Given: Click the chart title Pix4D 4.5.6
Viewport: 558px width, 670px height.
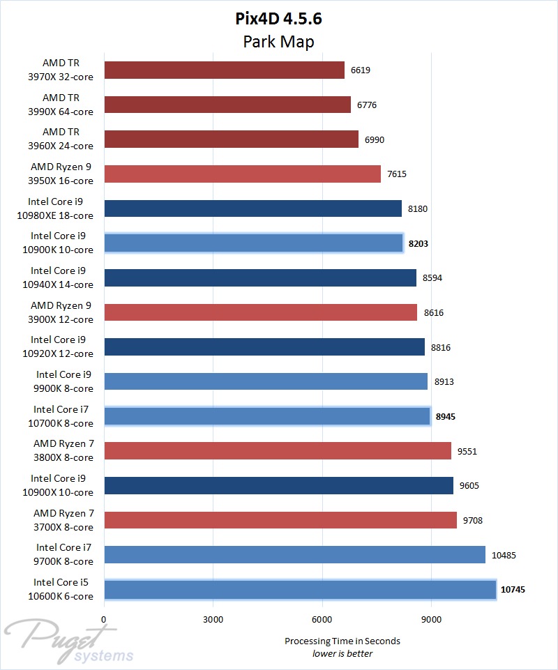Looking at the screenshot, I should tap(278, 18).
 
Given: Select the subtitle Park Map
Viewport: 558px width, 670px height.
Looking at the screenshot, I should tap(278, 42).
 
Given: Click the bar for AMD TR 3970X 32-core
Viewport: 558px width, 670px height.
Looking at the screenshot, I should tap(224, 70).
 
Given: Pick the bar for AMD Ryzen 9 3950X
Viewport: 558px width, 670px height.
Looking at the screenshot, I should tap(242, 174).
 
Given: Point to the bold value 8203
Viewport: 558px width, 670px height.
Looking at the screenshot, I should tap(419, 243).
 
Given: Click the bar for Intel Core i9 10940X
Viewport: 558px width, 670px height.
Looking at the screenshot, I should tap(259, 277).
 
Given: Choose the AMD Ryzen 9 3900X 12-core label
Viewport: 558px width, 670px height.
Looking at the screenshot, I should tap(61, 312).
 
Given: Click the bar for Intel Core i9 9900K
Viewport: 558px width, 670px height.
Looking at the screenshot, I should tap(265, 381).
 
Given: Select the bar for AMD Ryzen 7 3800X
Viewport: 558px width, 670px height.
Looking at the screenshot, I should tap(277, 451).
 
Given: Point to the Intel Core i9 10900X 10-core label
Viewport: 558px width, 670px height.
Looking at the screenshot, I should tap(61, 485).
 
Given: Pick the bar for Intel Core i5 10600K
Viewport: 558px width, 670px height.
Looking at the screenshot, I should tap(299, 589).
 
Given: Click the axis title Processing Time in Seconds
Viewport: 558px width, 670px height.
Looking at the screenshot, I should tap(342, 641).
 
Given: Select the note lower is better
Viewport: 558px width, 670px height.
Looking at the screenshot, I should tap(342, 653).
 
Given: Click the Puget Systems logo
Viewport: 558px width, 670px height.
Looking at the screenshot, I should tap(70, 641).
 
